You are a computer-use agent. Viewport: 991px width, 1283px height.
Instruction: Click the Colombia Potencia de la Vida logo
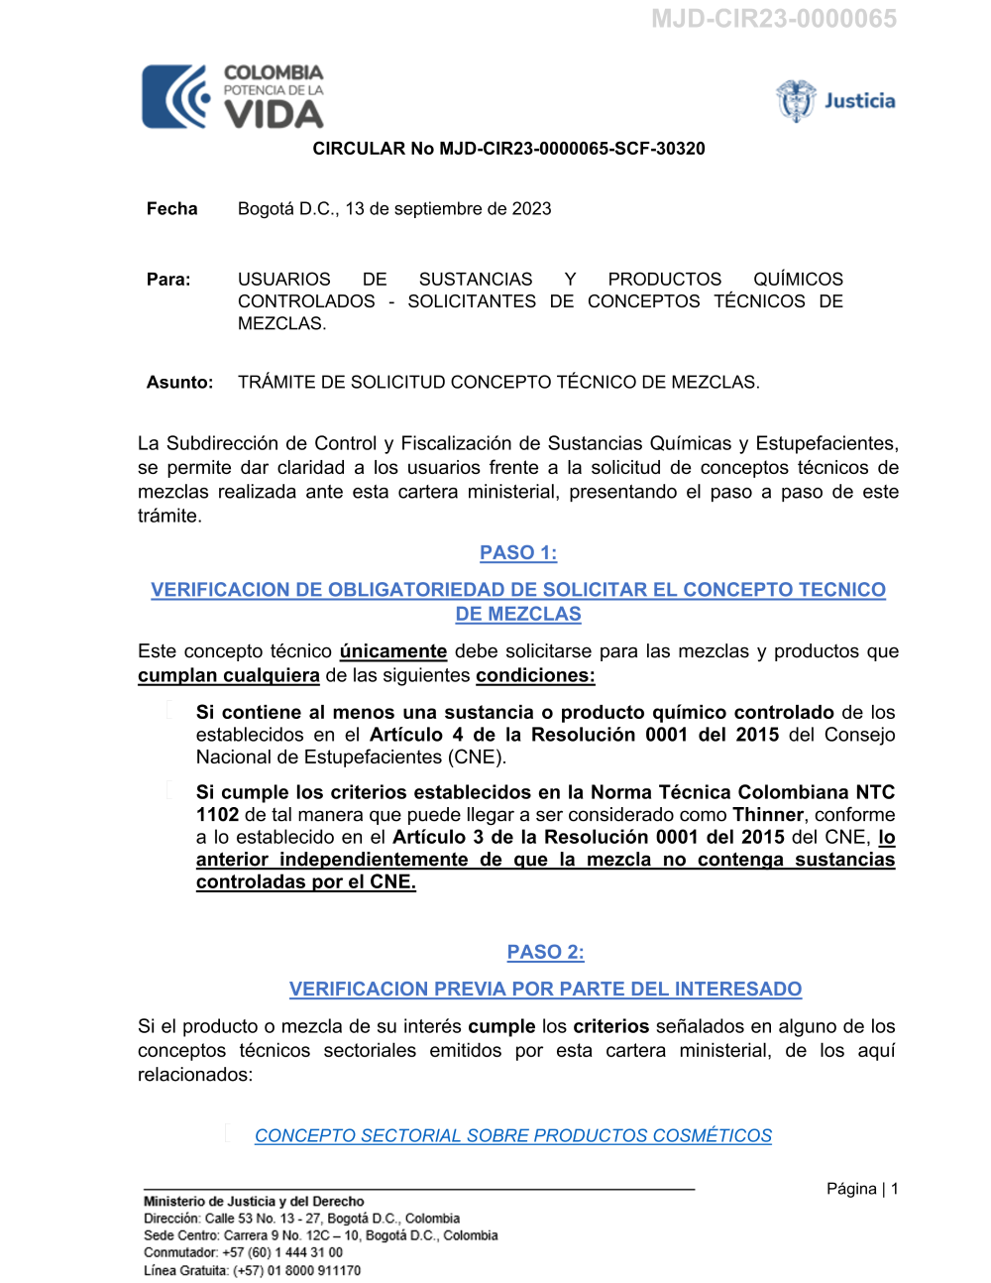coord(233,96)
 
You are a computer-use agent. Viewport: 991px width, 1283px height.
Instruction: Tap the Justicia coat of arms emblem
coord(795,100)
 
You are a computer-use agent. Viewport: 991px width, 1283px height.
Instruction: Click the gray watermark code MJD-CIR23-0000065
coord(773,19)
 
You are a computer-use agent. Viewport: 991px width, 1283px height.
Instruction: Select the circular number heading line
coord(508,149)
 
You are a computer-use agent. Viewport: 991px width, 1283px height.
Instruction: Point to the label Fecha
coord(171,209)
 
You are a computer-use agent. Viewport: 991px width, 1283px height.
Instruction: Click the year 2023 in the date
coord(531,209)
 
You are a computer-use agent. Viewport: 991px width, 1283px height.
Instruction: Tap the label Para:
coord(168,280)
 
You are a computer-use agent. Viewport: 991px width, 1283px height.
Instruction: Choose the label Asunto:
coord(179,383)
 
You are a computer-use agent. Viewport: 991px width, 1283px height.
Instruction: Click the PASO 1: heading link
coord(518,553)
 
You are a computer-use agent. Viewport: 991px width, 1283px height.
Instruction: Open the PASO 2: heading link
coord(545,953)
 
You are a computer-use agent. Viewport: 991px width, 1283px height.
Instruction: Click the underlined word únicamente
coord(392,651)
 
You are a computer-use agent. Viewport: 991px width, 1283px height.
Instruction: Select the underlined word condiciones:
coord(535,676)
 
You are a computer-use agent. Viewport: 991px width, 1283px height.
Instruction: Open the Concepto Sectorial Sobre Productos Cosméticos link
coord(512,1136)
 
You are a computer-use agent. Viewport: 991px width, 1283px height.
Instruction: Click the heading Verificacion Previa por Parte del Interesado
coord(545,990)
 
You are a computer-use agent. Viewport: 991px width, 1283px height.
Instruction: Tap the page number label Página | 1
coord(862,1189)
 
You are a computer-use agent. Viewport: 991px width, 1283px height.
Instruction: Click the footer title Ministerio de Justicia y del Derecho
coord(254,1202)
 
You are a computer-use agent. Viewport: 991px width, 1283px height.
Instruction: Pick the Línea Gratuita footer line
coord(252,1270)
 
